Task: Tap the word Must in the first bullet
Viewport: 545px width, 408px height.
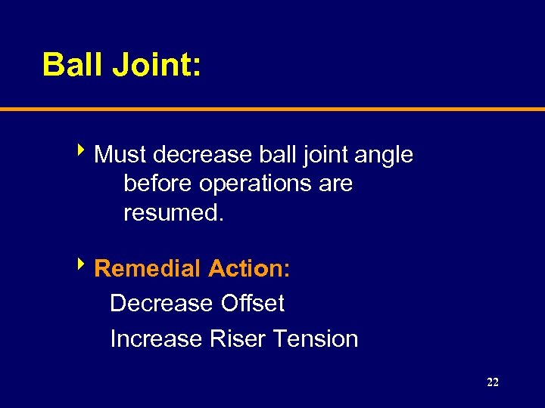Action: [x=120, y=155]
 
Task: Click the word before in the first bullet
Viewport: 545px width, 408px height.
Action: [x=158, y=184]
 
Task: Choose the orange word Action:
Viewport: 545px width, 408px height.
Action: [x=249, y=268]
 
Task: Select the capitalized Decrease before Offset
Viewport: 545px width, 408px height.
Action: [x=161, y=304]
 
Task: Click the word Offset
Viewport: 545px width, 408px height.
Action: [x=252, y=304]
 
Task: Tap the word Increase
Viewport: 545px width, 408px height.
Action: [x=155, y=338]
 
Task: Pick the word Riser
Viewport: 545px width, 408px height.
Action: [x=234, y=338]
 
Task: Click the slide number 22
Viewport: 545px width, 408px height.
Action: [x=493, y=383]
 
